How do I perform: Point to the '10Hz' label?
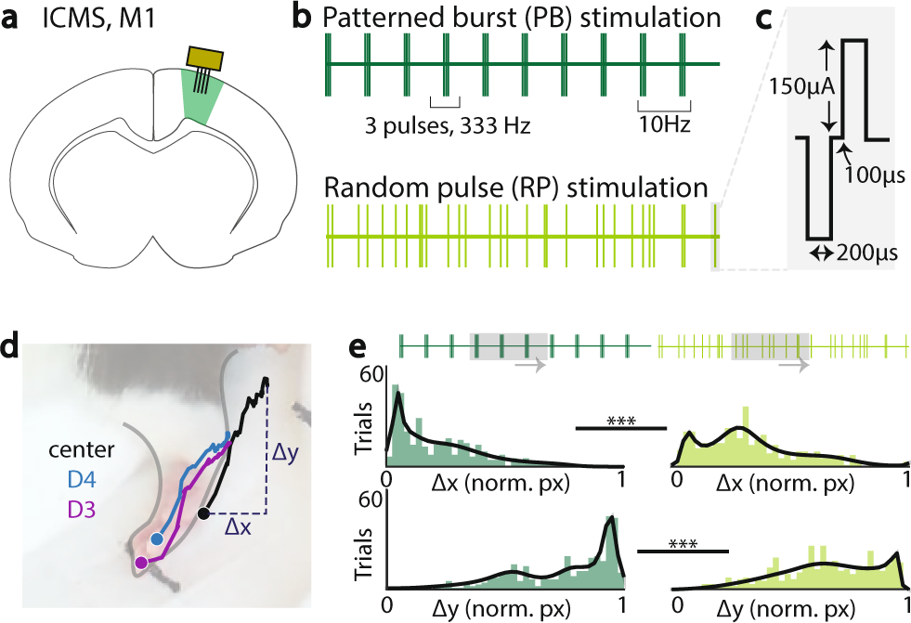(663, 123)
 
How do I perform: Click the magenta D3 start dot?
(141, 562)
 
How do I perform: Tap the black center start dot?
(203, 513)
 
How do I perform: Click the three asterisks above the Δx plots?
(620, 420)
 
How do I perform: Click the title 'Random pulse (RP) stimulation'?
(516, 189)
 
